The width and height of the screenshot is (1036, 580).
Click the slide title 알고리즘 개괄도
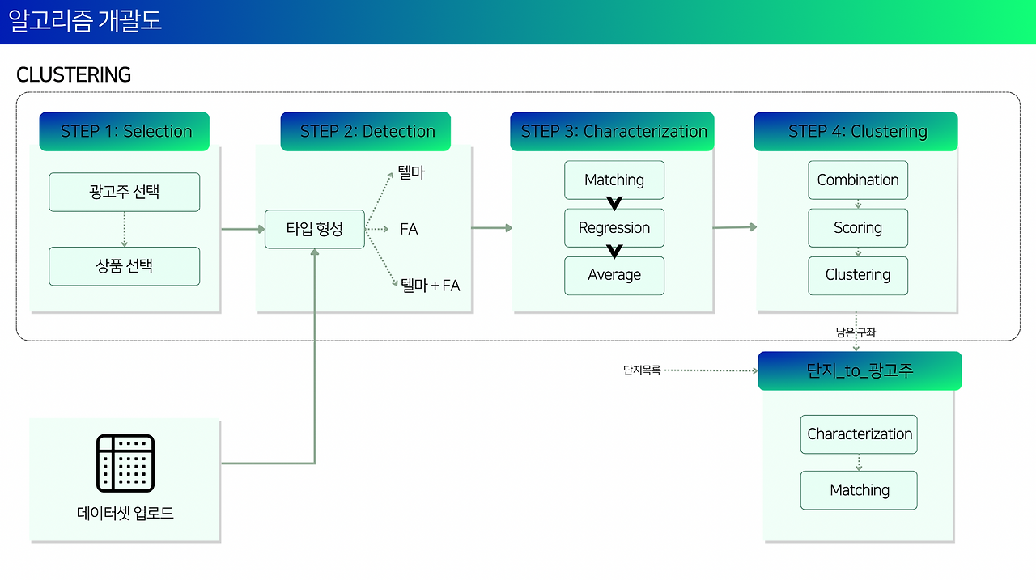click(85, 21)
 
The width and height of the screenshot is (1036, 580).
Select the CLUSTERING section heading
click(74, 75)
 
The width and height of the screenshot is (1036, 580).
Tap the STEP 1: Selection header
click(125, 131)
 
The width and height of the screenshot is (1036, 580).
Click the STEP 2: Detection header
click(365, 131)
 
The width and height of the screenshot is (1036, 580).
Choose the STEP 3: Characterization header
click(612, 131)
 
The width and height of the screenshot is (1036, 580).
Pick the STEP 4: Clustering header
click(856, 131)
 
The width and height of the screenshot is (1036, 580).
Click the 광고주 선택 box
click(125, 192)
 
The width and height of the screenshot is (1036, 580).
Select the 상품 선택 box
click(125, 266)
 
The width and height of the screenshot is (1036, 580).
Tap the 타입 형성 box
click(315, 229)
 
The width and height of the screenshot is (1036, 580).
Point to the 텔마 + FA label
click(430, 286)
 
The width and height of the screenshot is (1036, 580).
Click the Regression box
click(614, 228)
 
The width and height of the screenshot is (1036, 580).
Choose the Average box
click(614, 276)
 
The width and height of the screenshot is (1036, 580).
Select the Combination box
click(858, 180)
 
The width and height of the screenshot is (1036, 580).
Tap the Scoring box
click(858, 228)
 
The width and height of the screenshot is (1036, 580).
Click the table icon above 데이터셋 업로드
click(125, 463)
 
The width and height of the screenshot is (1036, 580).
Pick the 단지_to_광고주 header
click(860, 370)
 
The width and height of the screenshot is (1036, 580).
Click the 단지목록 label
click(642, 370)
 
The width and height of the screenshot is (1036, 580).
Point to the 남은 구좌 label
click(856, 332)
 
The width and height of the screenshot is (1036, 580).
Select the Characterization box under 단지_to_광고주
click(859, 434)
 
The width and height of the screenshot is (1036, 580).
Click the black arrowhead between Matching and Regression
click(614, 203)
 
